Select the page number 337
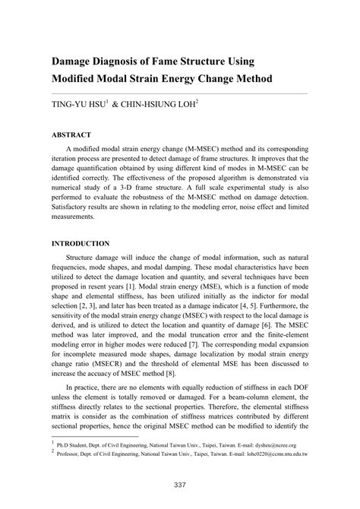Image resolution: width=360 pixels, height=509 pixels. coord(180,485)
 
